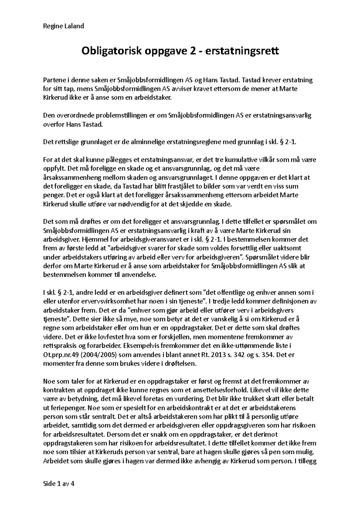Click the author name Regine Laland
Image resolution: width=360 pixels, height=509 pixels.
tap(64, 26)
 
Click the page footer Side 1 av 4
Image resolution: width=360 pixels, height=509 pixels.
tap(59, 484)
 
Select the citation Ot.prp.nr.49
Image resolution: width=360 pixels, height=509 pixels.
tap(62, 355)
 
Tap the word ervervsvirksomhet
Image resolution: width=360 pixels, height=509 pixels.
tap(97, 300)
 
